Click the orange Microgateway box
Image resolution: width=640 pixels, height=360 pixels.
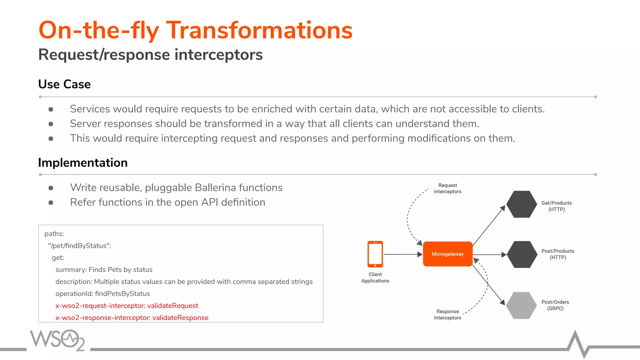click(447, 254)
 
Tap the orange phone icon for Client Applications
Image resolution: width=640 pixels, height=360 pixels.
click(375, 254)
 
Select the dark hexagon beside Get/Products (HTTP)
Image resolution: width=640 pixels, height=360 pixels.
click(522, 204)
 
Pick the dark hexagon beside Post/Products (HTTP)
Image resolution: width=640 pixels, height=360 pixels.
click(522, 254)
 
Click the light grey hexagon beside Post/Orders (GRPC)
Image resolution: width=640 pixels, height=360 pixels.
click(522, 305)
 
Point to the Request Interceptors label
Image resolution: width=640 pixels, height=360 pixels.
click(447, 188)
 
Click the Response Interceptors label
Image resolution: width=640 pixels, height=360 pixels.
click(447, 314)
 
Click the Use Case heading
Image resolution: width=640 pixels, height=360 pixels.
click(64, 84)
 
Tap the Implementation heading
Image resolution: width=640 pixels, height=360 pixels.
click(83, 163)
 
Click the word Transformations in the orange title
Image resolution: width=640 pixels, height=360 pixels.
click(259, 30)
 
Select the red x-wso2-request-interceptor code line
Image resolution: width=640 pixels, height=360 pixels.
click(127, 306)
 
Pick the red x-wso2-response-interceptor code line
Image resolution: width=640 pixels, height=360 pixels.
click(132, 317)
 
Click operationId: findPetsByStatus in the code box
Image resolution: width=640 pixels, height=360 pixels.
click(102, 294)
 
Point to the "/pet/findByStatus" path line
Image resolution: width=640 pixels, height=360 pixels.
click(79, 246)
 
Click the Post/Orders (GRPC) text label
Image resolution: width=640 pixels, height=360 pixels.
click(555, 305)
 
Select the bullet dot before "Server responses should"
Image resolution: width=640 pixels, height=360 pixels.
click(51, 124)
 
